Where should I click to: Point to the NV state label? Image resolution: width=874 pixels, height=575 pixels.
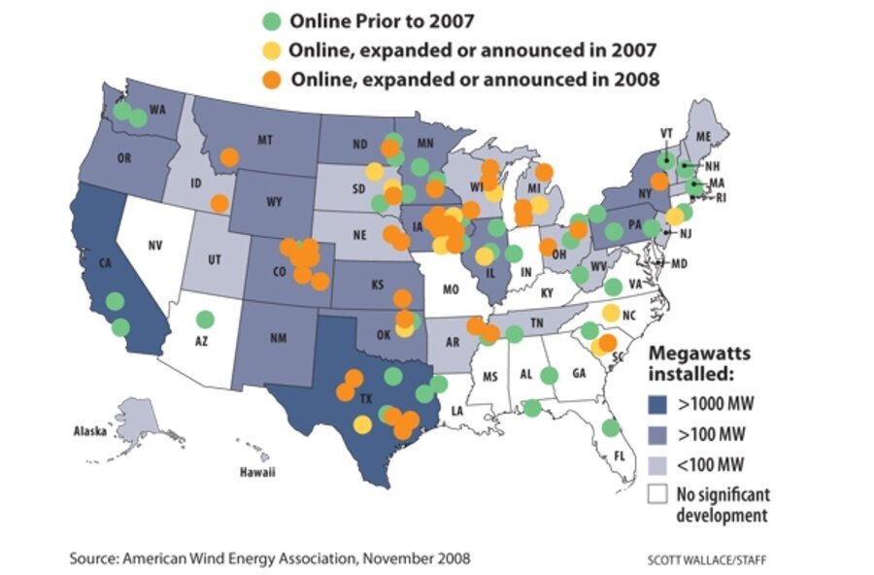[x=153, y=246]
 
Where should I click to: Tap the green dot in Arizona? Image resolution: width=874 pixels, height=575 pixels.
[x=205, y=319]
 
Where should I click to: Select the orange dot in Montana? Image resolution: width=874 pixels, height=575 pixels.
[x=229, y=156]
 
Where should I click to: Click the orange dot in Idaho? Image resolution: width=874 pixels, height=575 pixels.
[x=219, y=203]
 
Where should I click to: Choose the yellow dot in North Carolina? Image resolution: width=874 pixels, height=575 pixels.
[x=611, y=313]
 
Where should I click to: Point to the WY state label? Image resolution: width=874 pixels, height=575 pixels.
[x=274, y=203]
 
